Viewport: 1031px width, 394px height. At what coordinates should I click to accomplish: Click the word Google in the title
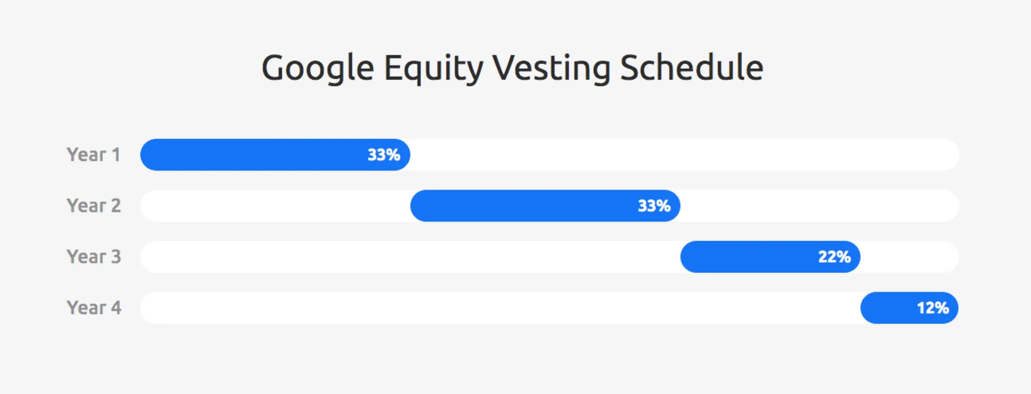317,68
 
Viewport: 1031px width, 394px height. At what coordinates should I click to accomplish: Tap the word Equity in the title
433,68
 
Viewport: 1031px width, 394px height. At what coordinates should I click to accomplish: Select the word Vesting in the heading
551,68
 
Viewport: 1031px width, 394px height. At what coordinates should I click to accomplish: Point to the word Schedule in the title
692,68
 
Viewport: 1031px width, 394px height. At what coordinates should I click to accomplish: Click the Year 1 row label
94,155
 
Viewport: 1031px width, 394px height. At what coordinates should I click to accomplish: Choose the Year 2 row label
94,206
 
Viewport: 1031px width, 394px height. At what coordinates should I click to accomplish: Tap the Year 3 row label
94,257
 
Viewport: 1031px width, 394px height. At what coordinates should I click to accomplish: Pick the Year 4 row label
94,308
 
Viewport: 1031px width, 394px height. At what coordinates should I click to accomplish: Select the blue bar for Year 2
520,206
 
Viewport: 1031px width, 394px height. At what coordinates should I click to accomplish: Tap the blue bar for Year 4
889,308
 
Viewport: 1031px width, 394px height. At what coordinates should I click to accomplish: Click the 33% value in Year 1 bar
384,155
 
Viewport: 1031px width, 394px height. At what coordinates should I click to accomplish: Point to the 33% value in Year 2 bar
654,206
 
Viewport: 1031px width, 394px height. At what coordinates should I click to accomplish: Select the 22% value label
834,257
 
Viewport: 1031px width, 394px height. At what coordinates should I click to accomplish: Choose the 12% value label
933,308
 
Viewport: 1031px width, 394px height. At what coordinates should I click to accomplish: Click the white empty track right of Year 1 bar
681,155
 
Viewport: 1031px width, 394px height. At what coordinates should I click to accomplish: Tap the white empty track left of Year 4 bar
496,308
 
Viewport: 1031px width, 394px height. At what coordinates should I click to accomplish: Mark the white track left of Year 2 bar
274,206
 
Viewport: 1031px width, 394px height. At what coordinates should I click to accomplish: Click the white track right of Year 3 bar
909,257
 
